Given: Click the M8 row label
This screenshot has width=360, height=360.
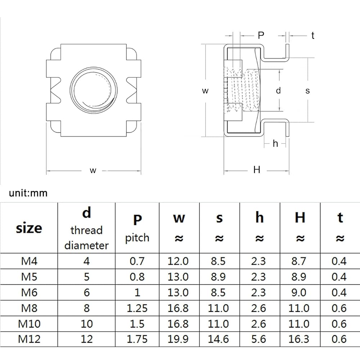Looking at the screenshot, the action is point(29,308).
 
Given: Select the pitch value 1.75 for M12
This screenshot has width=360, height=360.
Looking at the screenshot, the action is point(137,339).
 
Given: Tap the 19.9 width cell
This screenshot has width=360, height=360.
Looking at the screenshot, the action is point(178,339).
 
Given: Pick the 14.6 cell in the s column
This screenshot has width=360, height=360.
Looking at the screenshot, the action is point(218,339).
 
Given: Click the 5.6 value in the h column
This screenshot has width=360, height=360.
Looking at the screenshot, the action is point(258,339).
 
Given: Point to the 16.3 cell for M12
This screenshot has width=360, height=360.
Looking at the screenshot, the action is point(299,339).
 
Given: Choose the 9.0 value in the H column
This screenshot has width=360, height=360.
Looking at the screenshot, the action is point(299,292).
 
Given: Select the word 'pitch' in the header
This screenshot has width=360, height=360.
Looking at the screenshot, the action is point(137,238).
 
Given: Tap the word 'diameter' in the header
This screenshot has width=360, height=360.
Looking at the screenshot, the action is point(86,245).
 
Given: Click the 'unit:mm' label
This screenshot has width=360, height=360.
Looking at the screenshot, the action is point(28,193).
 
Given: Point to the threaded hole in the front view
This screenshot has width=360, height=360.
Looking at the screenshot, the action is point(94,90).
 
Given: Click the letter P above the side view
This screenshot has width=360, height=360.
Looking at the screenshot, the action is point(261,35).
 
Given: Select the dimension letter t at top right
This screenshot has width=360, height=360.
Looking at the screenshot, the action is point(313,36).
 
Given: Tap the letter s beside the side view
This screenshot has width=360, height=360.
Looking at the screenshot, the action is point(308,91).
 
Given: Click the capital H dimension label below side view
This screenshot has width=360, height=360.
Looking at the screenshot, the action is point(257,170).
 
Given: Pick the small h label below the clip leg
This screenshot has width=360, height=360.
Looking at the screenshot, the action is point(275,144).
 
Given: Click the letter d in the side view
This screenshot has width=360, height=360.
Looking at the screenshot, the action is point(278,90).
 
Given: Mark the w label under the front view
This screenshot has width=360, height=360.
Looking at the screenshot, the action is point(93,171).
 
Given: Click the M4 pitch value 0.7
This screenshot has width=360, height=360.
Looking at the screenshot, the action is point(137,261).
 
